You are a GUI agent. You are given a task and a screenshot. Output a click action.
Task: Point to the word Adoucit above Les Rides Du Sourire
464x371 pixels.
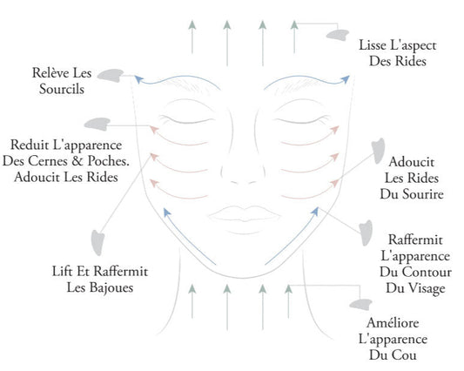[400, 163]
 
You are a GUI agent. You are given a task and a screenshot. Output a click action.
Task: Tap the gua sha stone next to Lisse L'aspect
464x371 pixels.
[336, 34]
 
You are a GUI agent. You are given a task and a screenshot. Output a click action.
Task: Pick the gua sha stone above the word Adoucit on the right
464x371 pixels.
[380, 148]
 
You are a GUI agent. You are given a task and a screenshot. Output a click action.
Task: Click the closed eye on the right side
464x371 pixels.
[287, 118]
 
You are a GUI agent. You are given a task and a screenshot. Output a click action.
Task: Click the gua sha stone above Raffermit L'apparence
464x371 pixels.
[359, 230]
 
